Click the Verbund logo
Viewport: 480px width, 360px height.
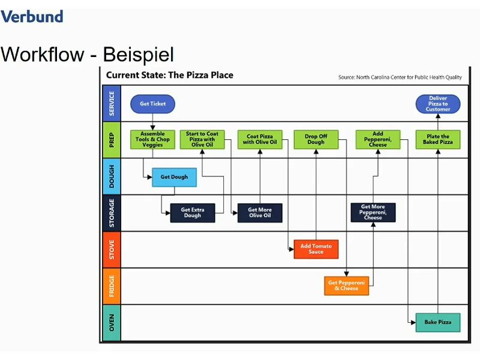coord(32,16)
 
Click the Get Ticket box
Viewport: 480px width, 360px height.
coord(152,104)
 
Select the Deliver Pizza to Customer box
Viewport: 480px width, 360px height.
coord(438,104)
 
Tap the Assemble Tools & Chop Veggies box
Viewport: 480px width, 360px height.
coord(152,140)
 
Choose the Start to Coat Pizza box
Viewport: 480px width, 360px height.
coord(202,140)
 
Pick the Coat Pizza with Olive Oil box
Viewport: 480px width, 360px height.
coord(260,140)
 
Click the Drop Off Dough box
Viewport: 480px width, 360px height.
coord(316,140)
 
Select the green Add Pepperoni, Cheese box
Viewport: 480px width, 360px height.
coord(378,140)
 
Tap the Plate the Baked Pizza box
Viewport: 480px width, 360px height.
coord(438,140)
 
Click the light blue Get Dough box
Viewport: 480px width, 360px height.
coord(174,177)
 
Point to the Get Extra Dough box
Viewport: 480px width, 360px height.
coord(193,213)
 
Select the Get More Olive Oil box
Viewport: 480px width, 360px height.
coord(260,213)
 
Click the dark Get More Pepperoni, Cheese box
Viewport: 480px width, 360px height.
coord(373,212)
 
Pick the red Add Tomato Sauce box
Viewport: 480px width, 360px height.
coord(316,249)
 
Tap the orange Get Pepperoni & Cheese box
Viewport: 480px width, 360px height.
coord(347,286)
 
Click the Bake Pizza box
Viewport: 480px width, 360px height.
coord(438,322)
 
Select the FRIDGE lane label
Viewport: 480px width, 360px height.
coord(112,286)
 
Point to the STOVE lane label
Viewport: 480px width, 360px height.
coord(112,249)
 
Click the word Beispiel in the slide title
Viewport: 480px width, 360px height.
coord(139,55)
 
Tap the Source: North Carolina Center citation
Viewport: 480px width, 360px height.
coord(400,77)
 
